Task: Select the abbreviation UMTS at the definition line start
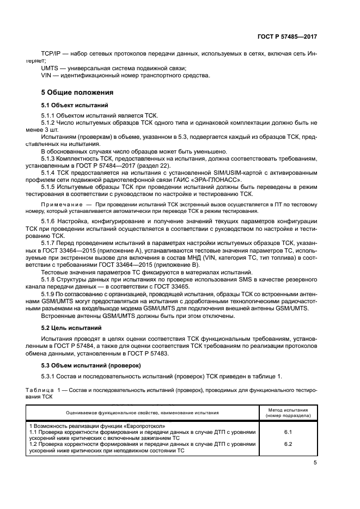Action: tap(51, 68)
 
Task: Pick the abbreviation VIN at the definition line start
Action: tap(47, 75)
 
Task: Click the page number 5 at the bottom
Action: tap(315, 462)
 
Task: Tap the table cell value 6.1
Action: tap(288, 432)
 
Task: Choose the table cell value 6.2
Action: tap(288, 444)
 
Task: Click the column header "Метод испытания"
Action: tap(288, 409)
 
